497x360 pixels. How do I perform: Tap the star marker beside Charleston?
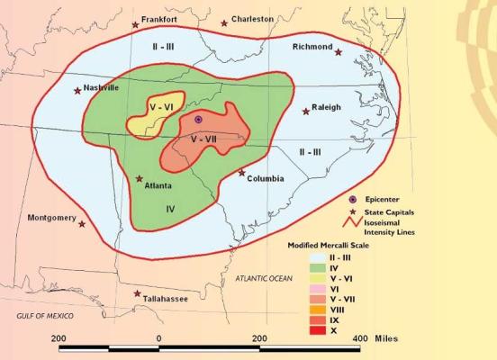click(x=224, y=23)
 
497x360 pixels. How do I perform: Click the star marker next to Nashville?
click(x=77, y=90)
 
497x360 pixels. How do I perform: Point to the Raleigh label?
click(x=327, y=107)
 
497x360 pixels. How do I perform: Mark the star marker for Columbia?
click(x=240, y=172)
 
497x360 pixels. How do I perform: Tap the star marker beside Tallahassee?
click(x=137, y=294)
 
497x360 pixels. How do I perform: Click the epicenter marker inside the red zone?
click(x=199, y=119)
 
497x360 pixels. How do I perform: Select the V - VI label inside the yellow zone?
click(x=162, y=107)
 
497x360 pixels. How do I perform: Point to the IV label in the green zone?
click(x=169, y=208)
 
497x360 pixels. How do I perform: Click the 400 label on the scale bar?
click(x=358, y=337)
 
